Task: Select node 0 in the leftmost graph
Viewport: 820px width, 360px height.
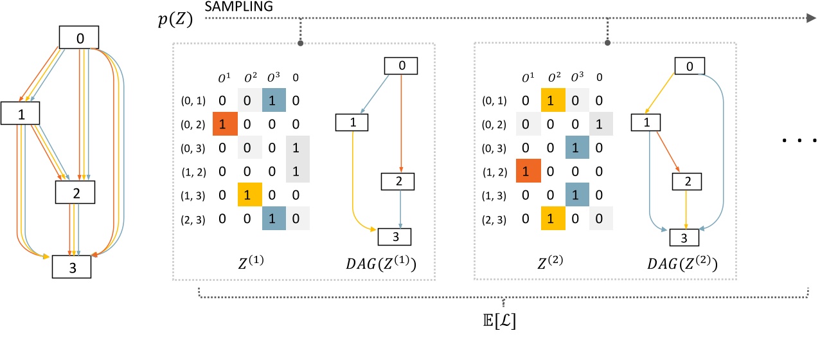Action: [80, 38]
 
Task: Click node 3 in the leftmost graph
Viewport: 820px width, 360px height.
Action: [71, 267]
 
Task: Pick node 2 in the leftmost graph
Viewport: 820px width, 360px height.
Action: [75, 191]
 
